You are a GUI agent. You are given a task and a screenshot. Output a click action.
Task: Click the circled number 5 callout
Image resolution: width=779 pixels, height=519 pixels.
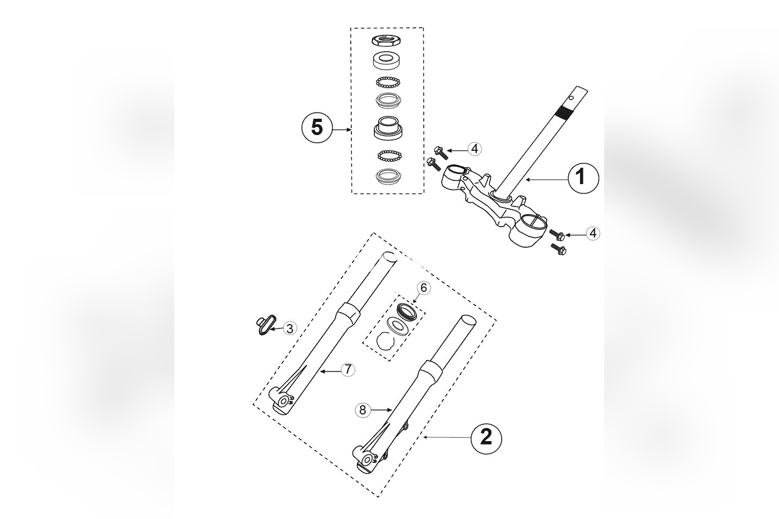pos(317,128)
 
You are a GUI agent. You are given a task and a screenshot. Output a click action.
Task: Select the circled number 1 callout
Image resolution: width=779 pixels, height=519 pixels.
pos(583,178)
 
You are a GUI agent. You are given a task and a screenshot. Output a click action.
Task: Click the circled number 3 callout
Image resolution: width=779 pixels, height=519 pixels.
pos(290,328)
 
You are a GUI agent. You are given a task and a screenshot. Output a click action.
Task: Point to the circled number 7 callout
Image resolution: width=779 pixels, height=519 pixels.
pos(348,369)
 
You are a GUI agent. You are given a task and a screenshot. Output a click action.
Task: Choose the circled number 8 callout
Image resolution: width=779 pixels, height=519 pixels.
pos(363,410)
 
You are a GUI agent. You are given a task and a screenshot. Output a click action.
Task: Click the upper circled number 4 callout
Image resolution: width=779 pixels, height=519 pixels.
pos(474,148)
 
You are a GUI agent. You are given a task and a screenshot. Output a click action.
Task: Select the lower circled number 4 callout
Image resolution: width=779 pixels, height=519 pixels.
pos(593,233)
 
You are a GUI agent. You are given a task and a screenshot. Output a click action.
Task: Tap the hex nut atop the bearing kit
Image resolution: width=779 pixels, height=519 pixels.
pos(387,40)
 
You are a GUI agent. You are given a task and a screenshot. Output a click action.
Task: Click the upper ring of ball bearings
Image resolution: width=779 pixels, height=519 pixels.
pos(387,82)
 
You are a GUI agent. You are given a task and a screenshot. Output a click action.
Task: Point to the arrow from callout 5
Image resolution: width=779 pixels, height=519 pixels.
pos(341,130)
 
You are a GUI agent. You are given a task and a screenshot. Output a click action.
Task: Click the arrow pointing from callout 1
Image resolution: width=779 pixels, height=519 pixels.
pos(544,179)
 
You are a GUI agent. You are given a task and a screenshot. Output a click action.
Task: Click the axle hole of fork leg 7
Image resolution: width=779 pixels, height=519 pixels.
pos(284,401)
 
